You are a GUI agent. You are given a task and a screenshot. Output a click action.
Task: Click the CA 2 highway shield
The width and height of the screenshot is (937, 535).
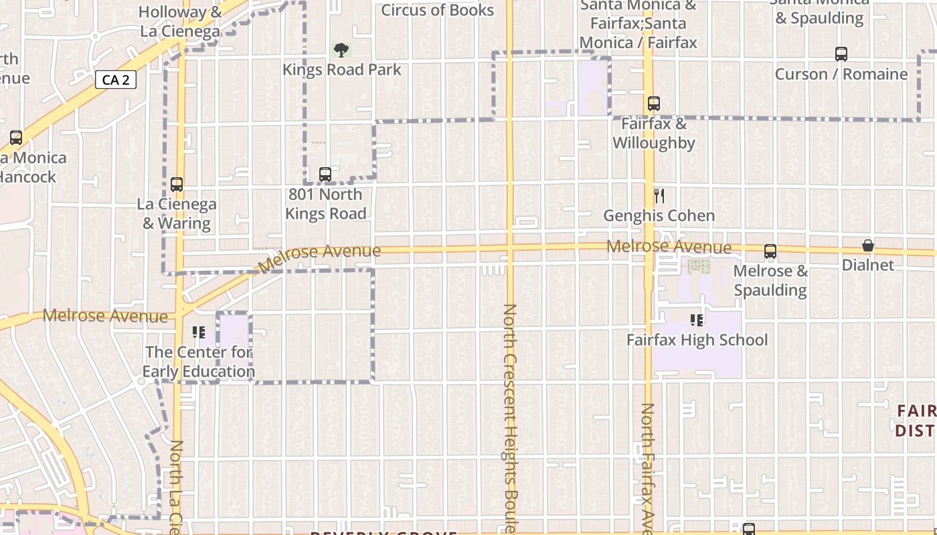tap(116, 80)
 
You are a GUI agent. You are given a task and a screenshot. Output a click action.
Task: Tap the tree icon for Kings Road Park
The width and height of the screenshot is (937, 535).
tap(341, 49)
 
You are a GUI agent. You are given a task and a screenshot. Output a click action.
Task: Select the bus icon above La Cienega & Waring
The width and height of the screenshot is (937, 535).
tap(177, 185)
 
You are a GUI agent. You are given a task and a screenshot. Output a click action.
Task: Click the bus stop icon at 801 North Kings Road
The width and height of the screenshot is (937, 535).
tap(325, 175)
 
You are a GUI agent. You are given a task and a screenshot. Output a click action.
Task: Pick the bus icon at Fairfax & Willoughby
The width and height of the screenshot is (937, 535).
tap(654, 104)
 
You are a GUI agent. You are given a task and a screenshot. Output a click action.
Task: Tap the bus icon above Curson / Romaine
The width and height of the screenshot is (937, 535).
tap(841, 54)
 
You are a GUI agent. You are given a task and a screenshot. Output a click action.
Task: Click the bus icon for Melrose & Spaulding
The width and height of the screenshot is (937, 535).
tap(770, 252)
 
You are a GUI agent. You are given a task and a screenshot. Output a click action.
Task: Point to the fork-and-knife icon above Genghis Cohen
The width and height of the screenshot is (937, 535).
tap(659, 195)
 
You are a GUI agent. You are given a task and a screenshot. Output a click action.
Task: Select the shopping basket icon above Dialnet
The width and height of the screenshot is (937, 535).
tap(868, 245)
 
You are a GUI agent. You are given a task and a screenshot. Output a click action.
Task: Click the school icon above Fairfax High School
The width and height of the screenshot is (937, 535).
tap(697, 320)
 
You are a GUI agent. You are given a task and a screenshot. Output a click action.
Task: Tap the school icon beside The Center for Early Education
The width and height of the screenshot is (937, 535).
tap(198, 332)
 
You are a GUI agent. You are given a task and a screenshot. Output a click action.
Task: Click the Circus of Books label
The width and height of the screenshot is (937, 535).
tap(438, 10)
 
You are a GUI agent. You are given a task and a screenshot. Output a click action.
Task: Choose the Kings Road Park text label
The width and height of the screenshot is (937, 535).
tap(342, 70)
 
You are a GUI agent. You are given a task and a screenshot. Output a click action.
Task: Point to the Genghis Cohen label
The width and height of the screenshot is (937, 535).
tap(659, 216)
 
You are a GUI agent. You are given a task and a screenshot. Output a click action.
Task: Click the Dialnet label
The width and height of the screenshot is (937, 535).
tap(868, 265)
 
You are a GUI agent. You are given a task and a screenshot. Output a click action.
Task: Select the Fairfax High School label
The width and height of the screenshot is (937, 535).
tap(697, 340)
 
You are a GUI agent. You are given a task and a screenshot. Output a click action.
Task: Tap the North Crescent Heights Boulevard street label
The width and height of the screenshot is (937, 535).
tap(510, 415)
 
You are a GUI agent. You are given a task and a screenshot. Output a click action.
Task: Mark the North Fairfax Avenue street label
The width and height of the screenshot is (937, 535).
tap(647, 468)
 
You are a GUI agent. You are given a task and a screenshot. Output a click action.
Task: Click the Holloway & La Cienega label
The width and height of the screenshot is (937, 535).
tap(181, 21)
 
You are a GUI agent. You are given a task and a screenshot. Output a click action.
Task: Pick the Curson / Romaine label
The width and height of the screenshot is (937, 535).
tap(841, 74)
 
